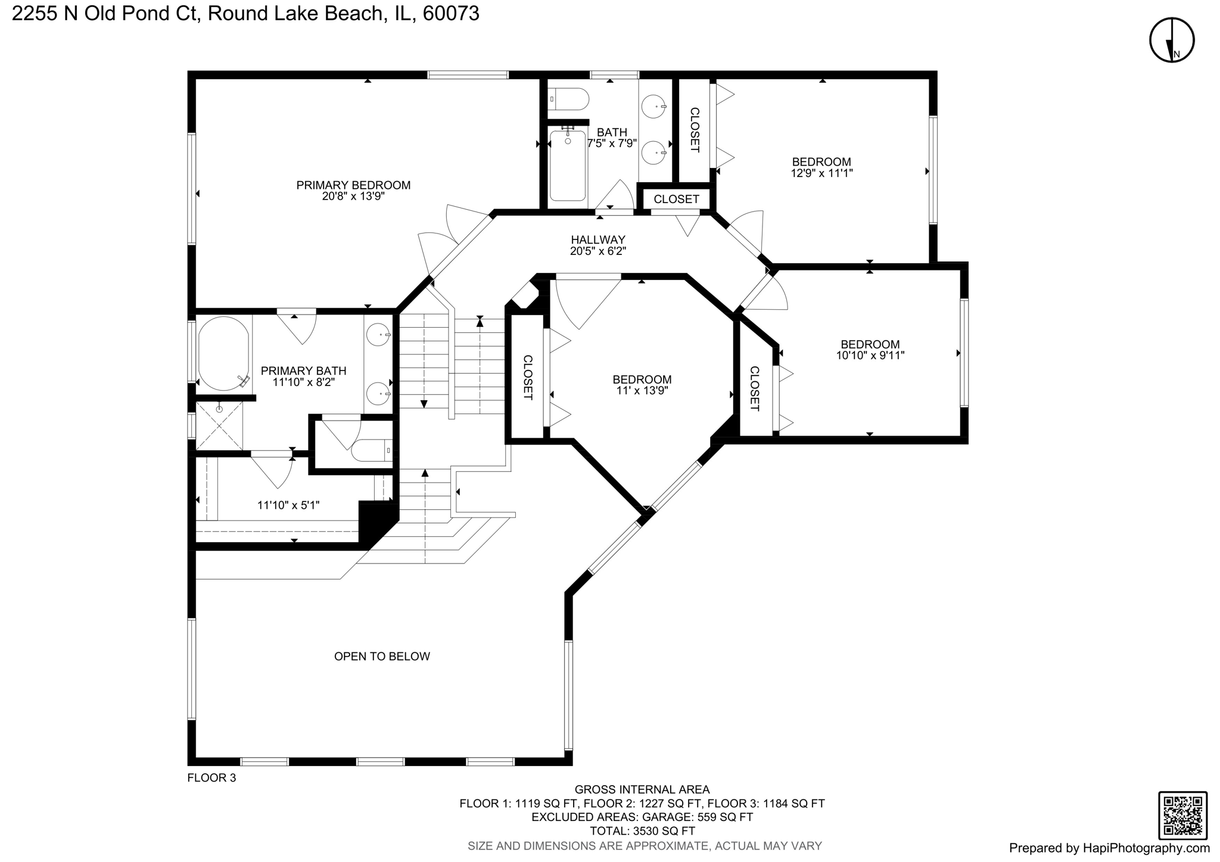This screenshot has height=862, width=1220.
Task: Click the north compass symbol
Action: click(1171, 41)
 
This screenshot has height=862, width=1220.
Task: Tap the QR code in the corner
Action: click(1182, 816)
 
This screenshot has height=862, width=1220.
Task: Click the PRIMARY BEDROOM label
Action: click(353, 185)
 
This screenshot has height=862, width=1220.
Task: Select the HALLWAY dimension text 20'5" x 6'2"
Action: click(597, 251)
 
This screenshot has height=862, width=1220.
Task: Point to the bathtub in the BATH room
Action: click(567, 167)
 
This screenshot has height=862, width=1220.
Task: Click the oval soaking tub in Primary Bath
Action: click(223, 354)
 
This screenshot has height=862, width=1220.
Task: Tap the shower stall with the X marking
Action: click(219, 426)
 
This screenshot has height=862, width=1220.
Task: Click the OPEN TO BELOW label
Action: click(382, 656)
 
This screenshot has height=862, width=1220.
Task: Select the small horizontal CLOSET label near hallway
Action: click(676, 199)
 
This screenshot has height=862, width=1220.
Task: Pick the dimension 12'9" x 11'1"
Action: click(821, 173)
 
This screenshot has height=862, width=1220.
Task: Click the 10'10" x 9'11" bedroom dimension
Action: click(870, 356)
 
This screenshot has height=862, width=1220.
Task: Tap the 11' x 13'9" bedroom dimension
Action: click(642, 391)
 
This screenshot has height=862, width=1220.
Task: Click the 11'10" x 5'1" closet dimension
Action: click(288, 505)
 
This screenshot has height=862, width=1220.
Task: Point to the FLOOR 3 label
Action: click(211, 777)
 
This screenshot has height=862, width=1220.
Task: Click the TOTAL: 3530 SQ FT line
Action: click(642, 831)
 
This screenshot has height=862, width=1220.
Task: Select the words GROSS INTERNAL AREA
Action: click(642, 790)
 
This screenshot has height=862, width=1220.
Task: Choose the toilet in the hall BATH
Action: click(569, 98)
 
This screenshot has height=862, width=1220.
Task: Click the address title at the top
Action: click(245, 14)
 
